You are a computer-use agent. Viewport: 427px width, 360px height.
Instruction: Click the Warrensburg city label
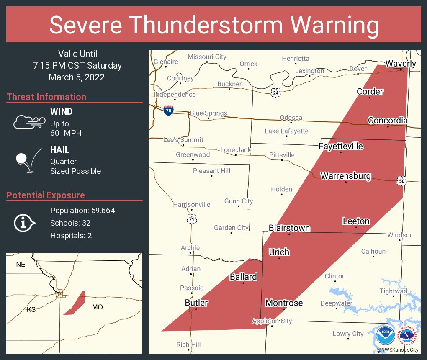click(x=345, y=176)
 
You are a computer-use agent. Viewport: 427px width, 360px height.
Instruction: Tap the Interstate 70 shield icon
click(x=168, y=111)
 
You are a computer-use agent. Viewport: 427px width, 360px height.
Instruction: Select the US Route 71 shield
click(x=190, y=219)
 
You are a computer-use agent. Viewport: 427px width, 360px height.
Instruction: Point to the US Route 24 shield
click(x=275, y=93)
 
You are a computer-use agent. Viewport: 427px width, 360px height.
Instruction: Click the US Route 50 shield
click(x=401, y=180)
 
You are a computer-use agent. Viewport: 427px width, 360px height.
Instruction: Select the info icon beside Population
click(x=24, y=223)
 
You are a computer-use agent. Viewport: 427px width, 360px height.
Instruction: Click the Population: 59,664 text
click(x=82, y=211)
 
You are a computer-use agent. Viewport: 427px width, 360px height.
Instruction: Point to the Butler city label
click(x=196, y=303)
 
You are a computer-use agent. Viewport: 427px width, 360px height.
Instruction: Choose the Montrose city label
click(x=284, y=303)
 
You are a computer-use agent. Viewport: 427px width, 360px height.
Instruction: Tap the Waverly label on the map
click(x=401, y=64)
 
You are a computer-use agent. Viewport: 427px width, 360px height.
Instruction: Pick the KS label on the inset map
click(x=31, y=309)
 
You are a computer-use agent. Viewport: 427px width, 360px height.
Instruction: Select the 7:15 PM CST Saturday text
click(x=77, y=66)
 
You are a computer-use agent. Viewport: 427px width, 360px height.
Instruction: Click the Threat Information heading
click(x=46, y=97)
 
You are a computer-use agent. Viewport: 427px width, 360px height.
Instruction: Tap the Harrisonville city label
click(x=192, y=205)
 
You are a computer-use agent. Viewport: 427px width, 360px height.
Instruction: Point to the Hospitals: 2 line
click(x=71, y=236)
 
